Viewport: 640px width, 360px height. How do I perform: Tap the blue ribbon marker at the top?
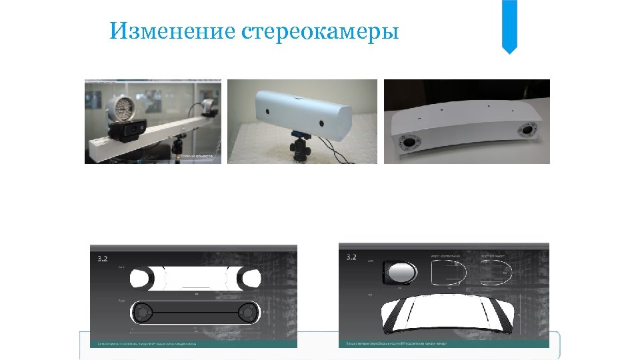pyautogui.click(x=509, y=25)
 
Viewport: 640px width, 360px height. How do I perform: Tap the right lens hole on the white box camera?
pyautogui.click(x=321, y=124)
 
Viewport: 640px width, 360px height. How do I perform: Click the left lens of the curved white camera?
pyautogui.click(x=407, y=142)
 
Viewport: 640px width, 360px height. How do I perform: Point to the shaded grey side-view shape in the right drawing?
pyautogui.click(x=399, y=273)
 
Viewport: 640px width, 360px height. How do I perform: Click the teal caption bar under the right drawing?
pyautogui.click(x=444, y=343)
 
